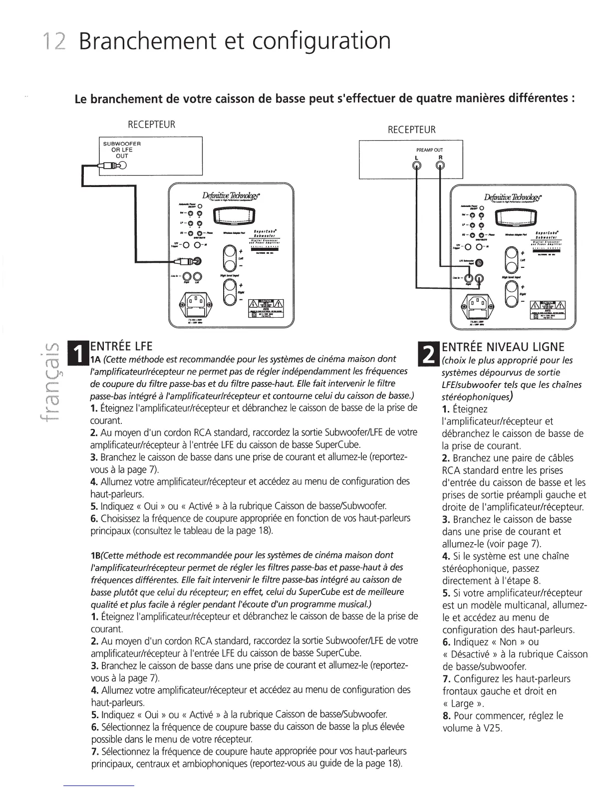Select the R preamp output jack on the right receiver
point(440,166)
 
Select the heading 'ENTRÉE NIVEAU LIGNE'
point(503,347)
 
